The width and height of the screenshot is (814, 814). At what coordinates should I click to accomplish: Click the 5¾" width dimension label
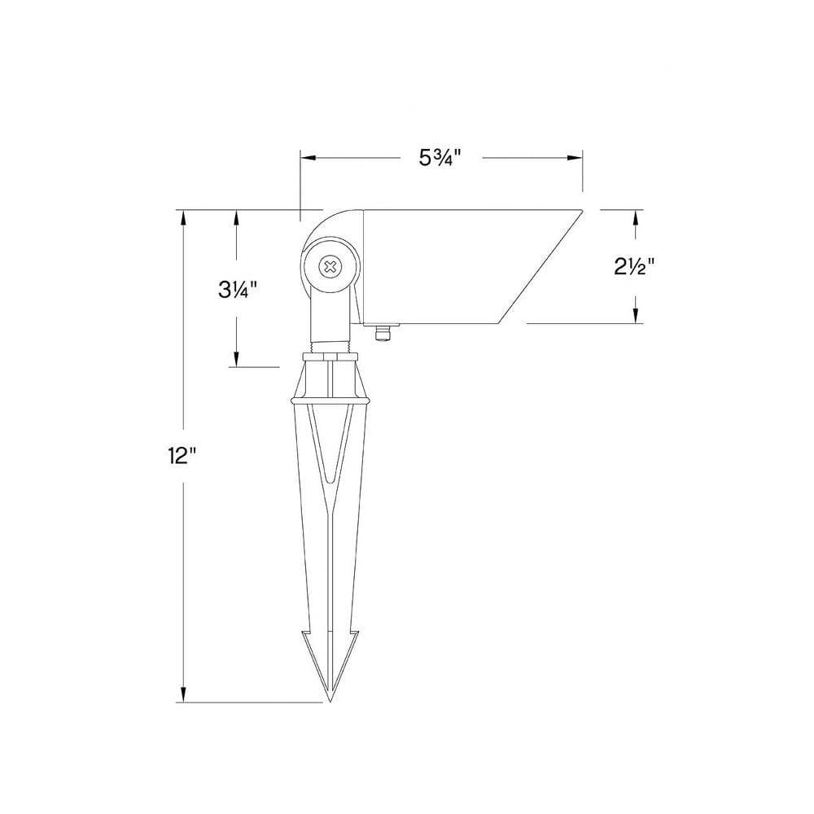point(440,158)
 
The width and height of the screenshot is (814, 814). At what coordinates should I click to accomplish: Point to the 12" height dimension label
point(182,456)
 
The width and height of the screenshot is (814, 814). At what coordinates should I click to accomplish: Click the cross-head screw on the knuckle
point(330,267)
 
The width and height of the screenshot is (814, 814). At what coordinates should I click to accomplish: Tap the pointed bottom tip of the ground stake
point(330,701)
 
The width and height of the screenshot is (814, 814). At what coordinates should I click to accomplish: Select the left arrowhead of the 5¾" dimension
point(308,158)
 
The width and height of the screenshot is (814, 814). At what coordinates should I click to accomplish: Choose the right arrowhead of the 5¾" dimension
point(575,158)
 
